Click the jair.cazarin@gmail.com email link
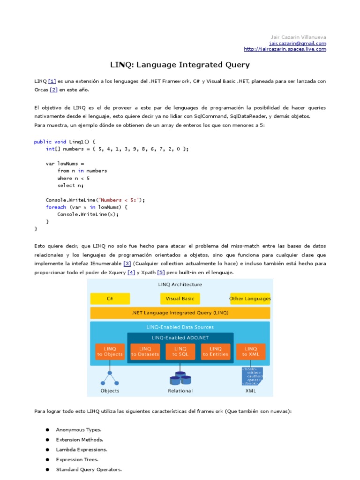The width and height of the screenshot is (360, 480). [x=299, y=43]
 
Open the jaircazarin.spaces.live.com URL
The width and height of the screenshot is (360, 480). [x=285, y=49]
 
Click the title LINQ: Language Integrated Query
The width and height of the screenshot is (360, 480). [x=180, y=65]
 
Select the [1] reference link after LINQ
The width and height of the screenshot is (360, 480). [x=52, y=81]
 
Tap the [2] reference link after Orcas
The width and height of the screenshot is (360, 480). [x=53, y=90]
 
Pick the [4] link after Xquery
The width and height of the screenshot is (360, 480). [x=131, y=272]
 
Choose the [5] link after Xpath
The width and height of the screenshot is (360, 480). [x=161, y=272]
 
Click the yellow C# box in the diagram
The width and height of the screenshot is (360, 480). [x=110, y=299]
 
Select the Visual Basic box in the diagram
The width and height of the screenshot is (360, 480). [x=180, y=299]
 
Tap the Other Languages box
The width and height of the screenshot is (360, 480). [x=250, y=299]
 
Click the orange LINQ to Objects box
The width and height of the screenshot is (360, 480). [x=110, y=352]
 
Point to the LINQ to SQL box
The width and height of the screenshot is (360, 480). [x=180, y=352]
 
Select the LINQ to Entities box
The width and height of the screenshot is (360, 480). [x=216, y=352]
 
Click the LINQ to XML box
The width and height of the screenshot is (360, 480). [x=251, y=352]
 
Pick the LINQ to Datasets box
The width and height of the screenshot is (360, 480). [x=145, y=352]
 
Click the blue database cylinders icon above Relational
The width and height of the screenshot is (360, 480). [x=180, y=377]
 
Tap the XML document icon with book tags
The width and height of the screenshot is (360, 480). [x=251, y=376]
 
